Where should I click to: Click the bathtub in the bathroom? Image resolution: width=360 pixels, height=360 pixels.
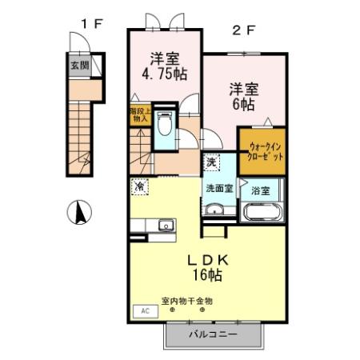click(x=261, y=214)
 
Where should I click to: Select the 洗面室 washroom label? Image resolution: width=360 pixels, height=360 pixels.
click(x=218, y=190)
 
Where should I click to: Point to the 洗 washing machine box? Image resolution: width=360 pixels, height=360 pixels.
click(x=210, y=162)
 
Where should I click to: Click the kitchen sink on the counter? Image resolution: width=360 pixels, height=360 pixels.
click(x=166, y=225)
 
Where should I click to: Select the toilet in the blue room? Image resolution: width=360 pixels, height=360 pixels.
click(x=164, y=124)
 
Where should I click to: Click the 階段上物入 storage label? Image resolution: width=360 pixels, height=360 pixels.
click(x=138, y=116)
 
